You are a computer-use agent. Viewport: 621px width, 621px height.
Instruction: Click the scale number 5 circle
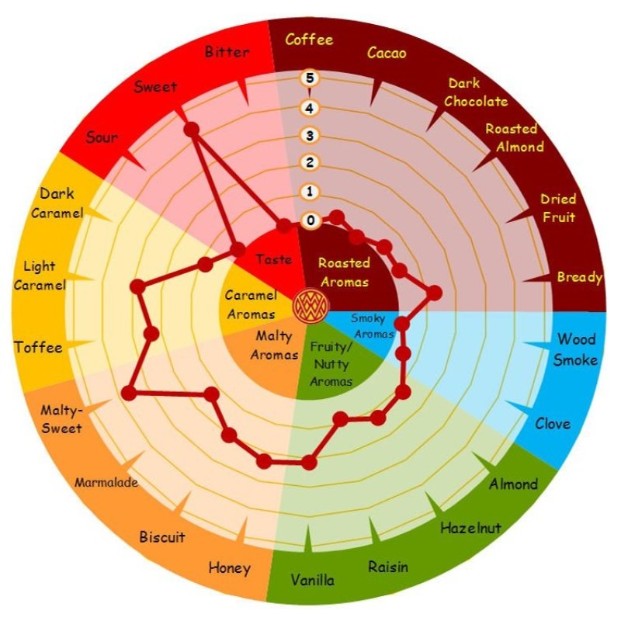pos(310,78)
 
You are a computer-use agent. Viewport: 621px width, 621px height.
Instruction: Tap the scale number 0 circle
pos(310,220)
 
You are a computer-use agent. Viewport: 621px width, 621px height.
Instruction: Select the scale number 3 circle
pos(310,135)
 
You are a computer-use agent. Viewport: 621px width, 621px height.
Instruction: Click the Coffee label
pos(309,40)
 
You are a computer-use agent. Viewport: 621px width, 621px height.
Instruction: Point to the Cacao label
pos(387,53)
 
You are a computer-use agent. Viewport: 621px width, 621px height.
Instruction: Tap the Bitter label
pos(227,52)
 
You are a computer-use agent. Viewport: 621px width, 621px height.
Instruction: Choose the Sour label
pos(102,137)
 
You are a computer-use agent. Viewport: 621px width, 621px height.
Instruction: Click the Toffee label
pos(38,347)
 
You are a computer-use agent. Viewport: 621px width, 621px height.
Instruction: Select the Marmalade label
pos(106,482)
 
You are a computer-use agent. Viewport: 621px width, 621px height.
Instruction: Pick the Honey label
pos(230,568)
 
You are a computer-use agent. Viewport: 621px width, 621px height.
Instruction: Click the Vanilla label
pos(313,580)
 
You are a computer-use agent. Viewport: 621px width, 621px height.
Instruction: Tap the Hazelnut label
pos(471,528)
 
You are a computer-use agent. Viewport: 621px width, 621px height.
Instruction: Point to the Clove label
pos(553,423)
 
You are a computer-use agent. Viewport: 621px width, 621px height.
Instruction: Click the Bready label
pos(579,277)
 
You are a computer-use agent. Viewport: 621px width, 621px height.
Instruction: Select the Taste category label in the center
pos(274,259)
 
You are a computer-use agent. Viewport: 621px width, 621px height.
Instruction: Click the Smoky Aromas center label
pos(373,326)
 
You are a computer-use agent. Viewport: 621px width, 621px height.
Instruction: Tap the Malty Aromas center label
pos(274,345)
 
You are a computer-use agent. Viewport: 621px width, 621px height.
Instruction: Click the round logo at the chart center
pos(311,306)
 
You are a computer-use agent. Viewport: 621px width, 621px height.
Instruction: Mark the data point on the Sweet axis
pos(192,130)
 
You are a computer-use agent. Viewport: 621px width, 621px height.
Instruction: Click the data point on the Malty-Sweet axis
pos(129,394)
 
